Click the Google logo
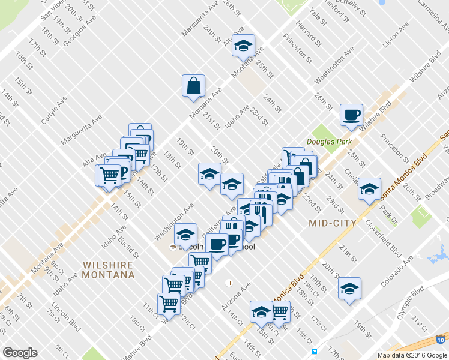(20, 353)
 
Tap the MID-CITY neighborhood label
(332, 223)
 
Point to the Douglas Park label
(325, 142)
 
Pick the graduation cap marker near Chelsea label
(369, 188)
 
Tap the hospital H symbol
(228, 283)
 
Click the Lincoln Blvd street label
(67, 323)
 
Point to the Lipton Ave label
(396, 37)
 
